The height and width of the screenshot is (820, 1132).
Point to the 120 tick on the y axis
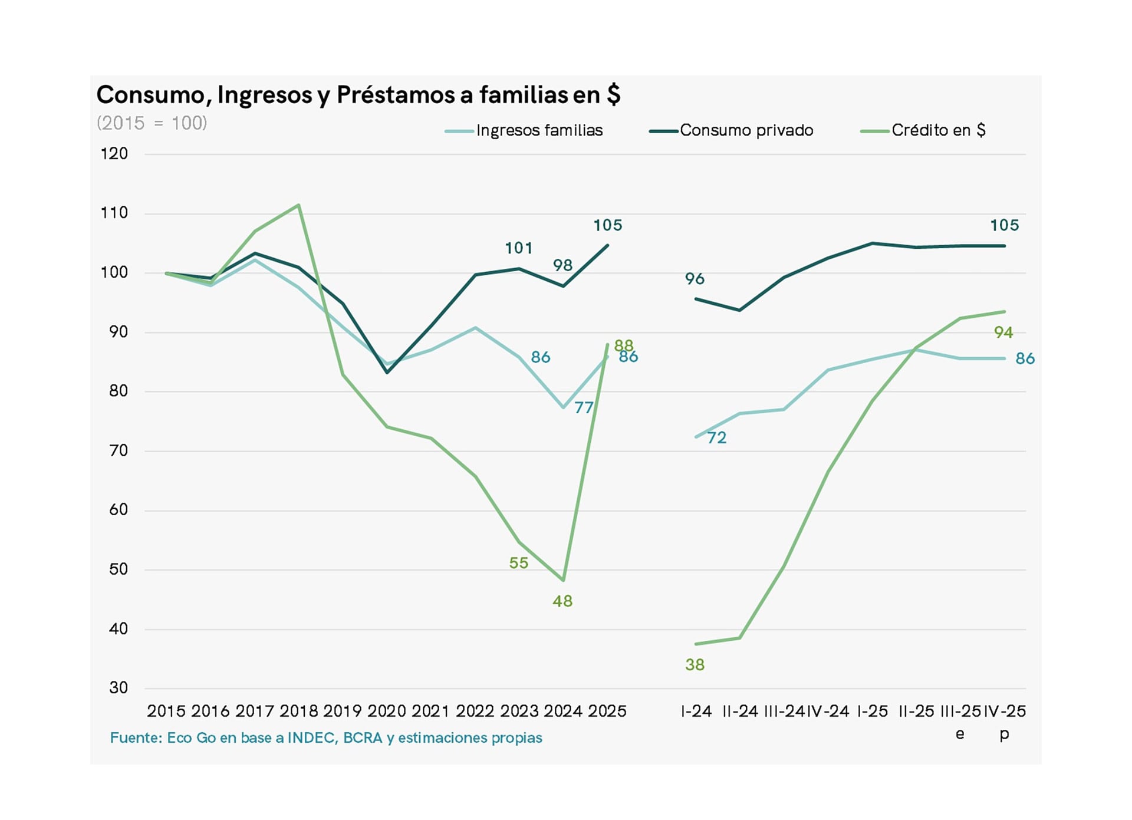tap(114, 154)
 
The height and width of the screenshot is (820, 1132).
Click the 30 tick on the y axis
tap(118, 688)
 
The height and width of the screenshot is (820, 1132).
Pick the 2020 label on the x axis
tap(387, 712)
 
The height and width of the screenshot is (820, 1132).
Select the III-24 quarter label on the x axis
tap(784, 712)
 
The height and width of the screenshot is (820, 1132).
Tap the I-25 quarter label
tap(872, 712)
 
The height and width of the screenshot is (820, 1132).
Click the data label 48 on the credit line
tap(562, 601)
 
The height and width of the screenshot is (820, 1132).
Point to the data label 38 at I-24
tap(695, 665)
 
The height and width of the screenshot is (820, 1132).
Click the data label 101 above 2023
tap(519, 248)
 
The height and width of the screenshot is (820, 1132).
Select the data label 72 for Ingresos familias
tap(717, 438)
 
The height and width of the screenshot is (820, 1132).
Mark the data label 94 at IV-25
tap(1003, 332)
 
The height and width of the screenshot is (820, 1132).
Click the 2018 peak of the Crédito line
tap(299, 205)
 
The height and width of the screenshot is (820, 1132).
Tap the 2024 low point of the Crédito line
tap(564, 580)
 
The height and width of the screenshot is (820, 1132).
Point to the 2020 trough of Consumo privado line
tap(387, 373)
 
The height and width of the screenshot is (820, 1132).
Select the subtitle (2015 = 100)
tap(152, 123)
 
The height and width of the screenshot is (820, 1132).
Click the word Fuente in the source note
tap(135, 738)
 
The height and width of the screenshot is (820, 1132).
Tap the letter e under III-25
tap(960, 734)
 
